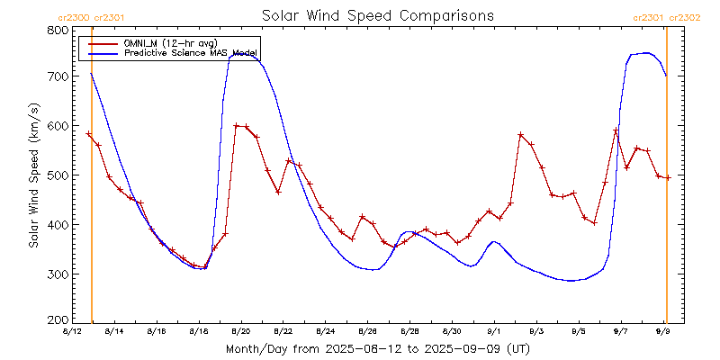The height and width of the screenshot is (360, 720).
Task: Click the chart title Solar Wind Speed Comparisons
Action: tap(377, 15)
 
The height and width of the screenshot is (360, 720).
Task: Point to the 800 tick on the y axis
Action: tap(57, 31)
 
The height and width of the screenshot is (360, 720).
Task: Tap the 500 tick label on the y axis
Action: tap(57, 175)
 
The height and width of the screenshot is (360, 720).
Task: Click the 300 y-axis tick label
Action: tap(57, 274)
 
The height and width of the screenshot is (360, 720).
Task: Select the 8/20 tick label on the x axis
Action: tap(240, 331)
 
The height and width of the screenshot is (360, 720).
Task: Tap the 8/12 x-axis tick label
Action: tap(71, 331)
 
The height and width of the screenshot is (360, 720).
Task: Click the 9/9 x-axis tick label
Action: tap(663, 331)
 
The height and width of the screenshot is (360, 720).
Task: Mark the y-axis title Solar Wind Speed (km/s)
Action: tap(33, 175)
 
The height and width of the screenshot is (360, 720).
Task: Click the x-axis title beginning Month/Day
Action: tap(377, 347)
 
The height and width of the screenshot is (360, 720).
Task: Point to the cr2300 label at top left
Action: tap(72, 17)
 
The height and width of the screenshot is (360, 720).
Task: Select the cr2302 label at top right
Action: tap(684, 17)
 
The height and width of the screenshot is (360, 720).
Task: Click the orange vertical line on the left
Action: tap(92, 180)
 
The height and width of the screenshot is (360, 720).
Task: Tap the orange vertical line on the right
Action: tap(666, 180)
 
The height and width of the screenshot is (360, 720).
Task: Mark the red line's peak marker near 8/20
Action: tap(236, 126)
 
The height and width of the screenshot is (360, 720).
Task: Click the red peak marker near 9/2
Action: tap(521, 135)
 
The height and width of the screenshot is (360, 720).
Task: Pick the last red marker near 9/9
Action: tap(668, 177)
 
